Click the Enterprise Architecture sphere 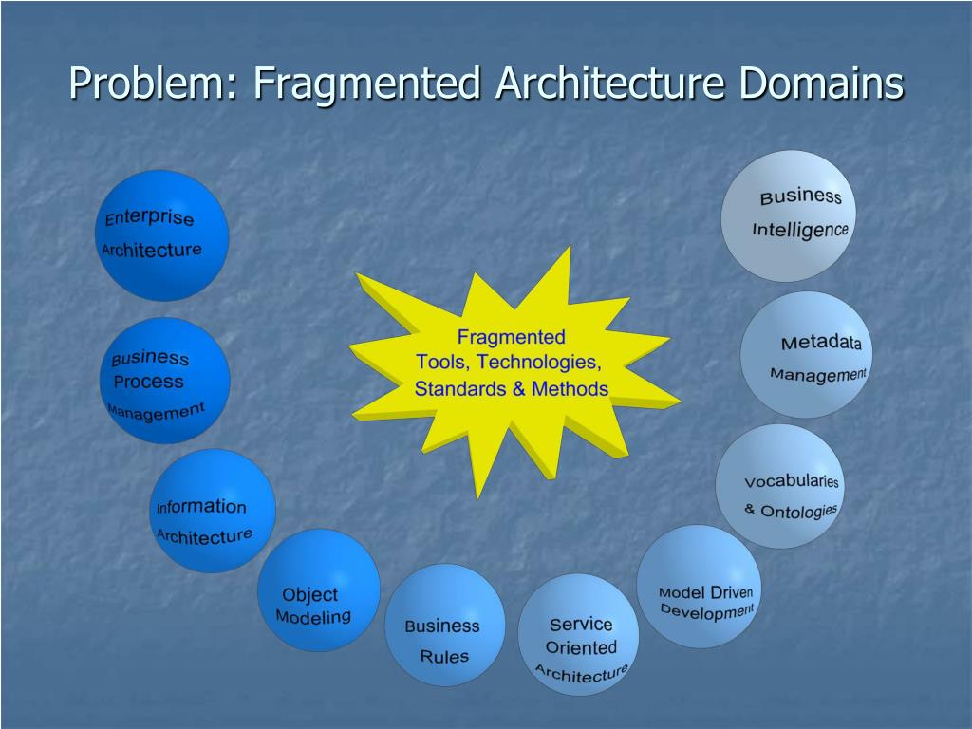pos(162,234)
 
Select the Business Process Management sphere pos(164,381)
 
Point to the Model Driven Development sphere pos(699,586)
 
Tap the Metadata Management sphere pos(806,355)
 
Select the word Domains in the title pos(821,84)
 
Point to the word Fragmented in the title pos(367,84)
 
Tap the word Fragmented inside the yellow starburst pos(511,337)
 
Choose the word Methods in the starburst pos(570,388)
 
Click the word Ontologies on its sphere pos(798,512)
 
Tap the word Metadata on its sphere pos(821,343)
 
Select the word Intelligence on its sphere pos(799,230)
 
